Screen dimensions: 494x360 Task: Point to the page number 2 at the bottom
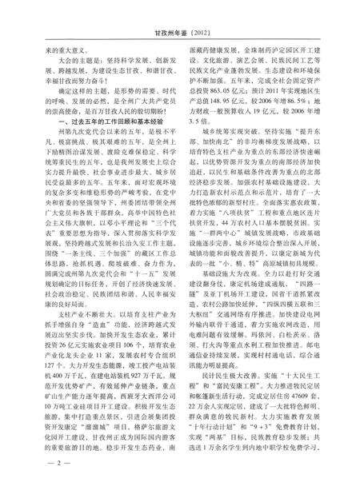click(x=38, y=462)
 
